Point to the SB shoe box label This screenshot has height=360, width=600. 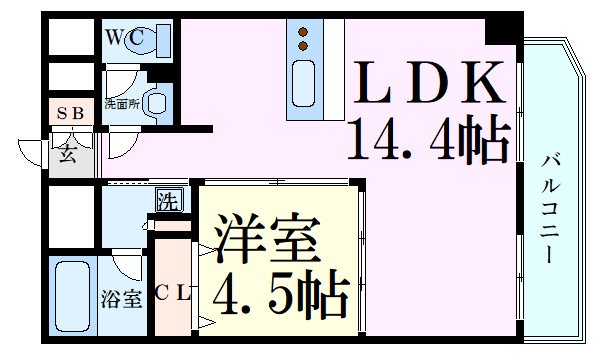click(70, 115)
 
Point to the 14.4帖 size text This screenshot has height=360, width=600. click(428, 140)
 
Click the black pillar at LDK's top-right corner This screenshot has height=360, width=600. click(497, 29)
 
